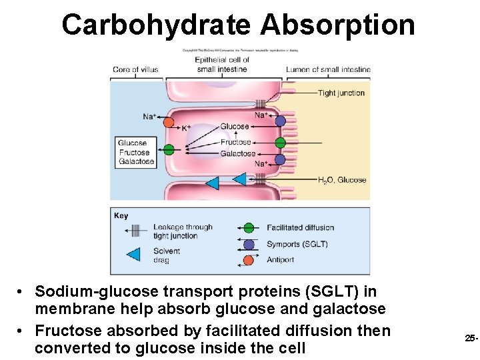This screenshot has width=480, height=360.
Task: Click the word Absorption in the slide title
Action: (x=338, y=25)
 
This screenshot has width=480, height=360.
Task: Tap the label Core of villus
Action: (x=135, y=69)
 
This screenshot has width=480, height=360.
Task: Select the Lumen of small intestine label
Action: (x=328, y=69)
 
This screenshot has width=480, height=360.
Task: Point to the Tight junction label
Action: (x=341, y=93)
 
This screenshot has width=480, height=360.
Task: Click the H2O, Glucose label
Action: (x=342, y=180)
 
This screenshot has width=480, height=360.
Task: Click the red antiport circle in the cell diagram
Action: (x=169, y=122)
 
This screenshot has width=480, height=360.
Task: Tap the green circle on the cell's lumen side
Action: (x=280, y=142)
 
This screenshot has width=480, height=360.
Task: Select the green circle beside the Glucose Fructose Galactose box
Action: (x=169, y=150)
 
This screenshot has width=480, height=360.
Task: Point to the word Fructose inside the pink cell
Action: (x=235, y=142)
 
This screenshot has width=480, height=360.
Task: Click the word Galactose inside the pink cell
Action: (x=237, y=153)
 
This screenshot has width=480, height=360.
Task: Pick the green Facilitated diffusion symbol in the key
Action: (x=249, y=228)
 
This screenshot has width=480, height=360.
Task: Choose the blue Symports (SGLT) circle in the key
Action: (x=249, y=244)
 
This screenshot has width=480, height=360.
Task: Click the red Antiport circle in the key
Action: (x=249, y=260)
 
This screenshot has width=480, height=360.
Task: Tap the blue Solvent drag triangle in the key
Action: (x=133, y=255)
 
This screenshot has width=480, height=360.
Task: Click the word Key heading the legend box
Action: (x=121, y=215)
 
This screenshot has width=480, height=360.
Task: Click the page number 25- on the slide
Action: (x=471, y=339)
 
